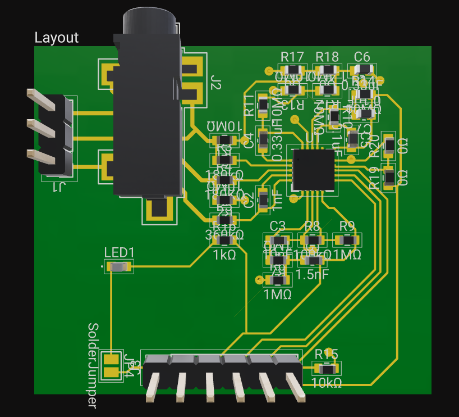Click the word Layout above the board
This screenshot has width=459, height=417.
coord(57,38)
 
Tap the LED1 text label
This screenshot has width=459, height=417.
coord(119,252)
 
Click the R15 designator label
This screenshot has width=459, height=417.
coord(326,354)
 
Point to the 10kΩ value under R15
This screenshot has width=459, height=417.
coord(326,383)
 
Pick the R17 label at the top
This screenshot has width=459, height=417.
coord(292,56)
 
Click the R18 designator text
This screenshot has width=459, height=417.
coord(327,56)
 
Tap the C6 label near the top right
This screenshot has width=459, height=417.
coord(362,56)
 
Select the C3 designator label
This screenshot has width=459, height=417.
coord(277,226)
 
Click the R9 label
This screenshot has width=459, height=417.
coord(347,226)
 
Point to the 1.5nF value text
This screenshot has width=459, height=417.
coord(312,275)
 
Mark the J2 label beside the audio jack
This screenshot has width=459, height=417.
coord(216,83)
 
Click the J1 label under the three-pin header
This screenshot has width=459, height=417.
coord(58,187)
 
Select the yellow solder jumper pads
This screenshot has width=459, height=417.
coord(113,365)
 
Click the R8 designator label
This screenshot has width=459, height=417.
coord(312,226)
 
